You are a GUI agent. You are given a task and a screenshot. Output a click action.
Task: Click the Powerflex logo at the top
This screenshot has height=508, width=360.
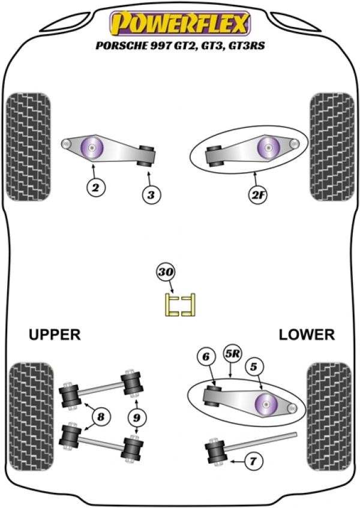[x=180, y=23]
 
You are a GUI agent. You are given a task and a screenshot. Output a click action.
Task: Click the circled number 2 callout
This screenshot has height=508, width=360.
[x=96, y=187]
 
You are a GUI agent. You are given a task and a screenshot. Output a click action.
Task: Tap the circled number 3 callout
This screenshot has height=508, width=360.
[x=151, y=195]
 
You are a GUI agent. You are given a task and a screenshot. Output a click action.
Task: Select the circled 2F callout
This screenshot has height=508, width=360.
[x=257, y=195]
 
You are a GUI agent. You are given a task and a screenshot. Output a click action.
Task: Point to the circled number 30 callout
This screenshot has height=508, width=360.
[x=166, y=272]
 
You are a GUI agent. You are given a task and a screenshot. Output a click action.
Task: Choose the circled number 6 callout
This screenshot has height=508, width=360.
[x=206, y=357]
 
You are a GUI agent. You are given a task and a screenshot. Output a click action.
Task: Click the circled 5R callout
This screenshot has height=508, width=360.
[x=233, y=354]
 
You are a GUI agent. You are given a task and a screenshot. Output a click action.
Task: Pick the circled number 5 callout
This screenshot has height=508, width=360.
[x=254, y=366]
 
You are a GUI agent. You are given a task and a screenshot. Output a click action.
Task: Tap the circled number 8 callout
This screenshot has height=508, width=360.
[x=101, y=416]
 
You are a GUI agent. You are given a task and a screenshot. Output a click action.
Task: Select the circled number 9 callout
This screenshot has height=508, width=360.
[x=137, y=417]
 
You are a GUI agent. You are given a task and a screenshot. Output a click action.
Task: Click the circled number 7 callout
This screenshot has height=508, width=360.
[x=253, y=461]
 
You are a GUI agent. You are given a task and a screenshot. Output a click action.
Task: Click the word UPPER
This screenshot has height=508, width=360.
[x=55, y=334]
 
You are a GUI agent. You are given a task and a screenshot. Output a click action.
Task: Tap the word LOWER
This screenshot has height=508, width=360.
[x=307, y=334]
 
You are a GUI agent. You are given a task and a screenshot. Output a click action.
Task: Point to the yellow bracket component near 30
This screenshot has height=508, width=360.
[x=180, y=304]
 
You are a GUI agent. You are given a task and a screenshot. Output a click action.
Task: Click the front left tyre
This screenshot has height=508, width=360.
[x=29, y=147]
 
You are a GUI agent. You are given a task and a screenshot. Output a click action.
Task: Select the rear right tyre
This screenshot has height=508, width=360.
[x=329, y=417]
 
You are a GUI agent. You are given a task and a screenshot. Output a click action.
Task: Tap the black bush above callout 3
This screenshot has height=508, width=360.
[x=147, y=156]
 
